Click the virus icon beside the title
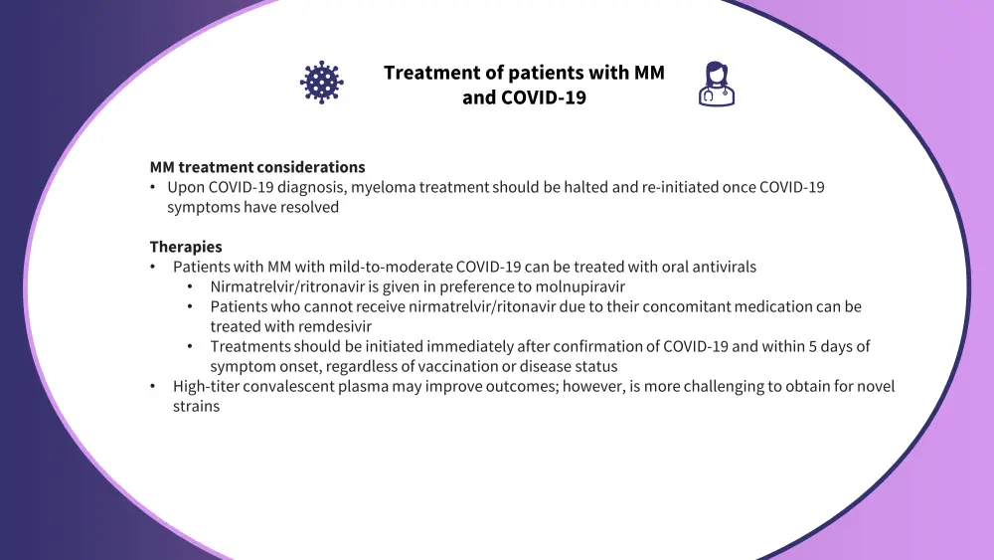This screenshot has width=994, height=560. coord(321,83)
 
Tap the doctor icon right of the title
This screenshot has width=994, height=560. coord(717,84)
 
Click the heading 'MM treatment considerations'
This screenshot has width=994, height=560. coord(257,167)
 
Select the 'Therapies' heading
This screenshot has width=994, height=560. coord(186,246)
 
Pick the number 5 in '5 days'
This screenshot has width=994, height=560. coord(813,346)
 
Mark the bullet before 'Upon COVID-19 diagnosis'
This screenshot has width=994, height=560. coord(153,187)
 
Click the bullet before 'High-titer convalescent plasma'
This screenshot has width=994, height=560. coord(153,386)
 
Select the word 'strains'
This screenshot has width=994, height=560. coord(197,406)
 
